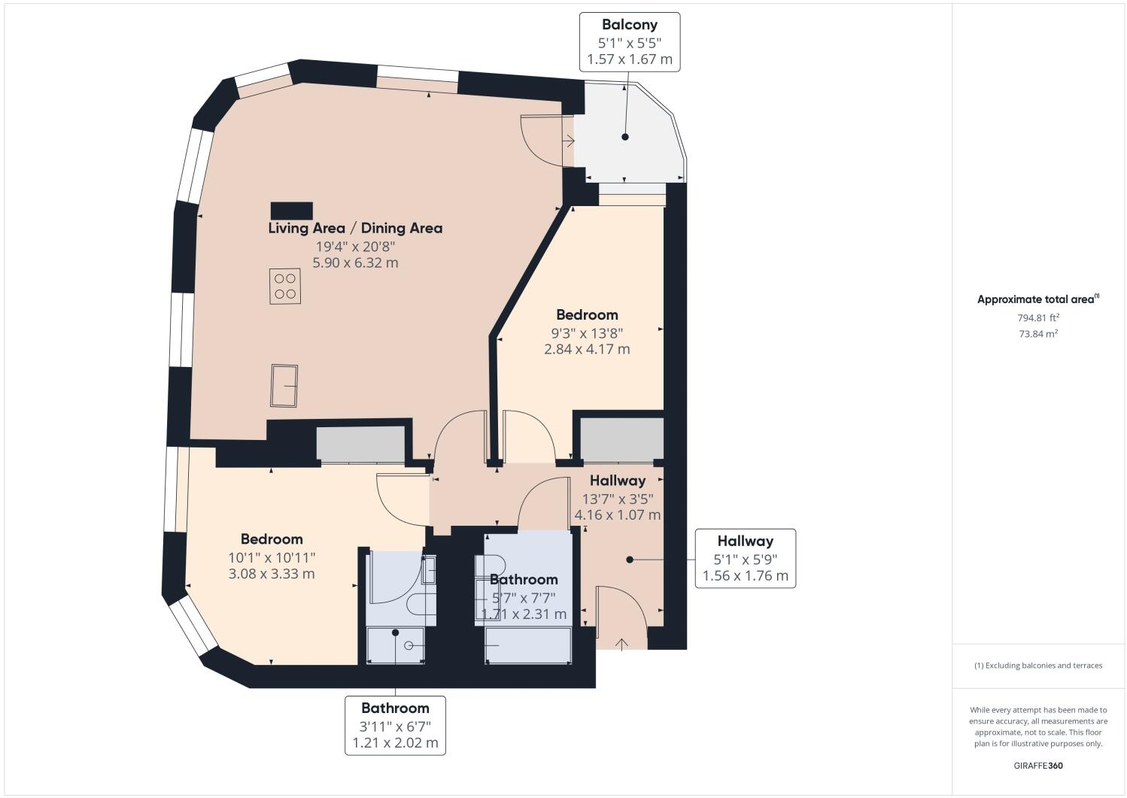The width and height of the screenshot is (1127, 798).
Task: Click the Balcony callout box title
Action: coord(629,25)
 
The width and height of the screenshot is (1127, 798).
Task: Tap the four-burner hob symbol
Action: coord(285,287)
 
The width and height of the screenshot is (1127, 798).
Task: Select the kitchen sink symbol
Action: coord(284,385)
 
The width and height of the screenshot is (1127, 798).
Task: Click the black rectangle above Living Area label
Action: coord(291,210)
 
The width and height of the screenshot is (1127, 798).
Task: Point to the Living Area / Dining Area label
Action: coord(355,228)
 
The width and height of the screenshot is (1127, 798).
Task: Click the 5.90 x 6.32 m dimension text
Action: coord(355,262)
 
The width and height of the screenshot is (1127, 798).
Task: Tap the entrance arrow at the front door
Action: coord(621,643)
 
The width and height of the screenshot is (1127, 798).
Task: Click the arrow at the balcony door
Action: coord(569,140)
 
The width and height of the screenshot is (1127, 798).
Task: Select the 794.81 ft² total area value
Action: coord(1038,317)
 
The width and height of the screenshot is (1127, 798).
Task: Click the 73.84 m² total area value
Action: coord(1038,334)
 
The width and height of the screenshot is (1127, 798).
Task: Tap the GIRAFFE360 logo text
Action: coord(1038,766)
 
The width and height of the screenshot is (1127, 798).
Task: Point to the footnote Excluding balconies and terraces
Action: coord(1038,665)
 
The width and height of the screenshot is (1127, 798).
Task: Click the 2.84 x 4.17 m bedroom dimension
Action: coord(587,349)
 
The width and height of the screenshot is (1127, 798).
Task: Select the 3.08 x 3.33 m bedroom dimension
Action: coord(272,574)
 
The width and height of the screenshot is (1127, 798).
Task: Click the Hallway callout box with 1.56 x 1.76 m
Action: coord(745,558)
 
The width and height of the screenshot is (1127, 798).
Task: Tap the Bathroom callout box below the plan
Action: coord(395,725)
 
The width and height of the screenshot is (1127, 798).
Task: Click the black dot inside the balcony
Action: coord(624,137)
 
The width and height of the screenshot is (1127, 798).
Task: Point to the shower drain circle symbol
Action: coord(409,646)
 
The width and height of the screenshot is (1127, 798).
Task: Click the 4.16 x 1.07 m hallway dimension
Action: coord(618,515)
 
